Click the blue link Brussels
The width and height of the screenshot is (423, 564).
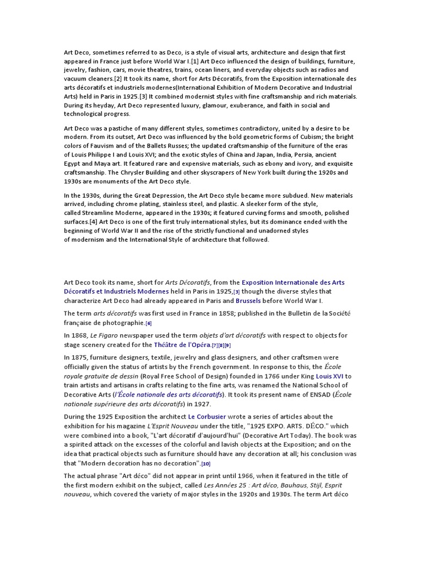(x=248, y=301)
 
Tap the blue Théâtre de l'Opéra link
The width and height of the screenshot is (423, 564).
(x=183, y=345)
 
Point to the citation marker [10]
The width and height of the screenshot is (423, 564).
(x=206, y=464)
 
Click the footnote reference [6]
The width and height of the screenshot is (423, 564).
(x=149, y=323)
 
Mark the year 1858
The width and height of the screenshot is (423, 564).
(x=197, y=313)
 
